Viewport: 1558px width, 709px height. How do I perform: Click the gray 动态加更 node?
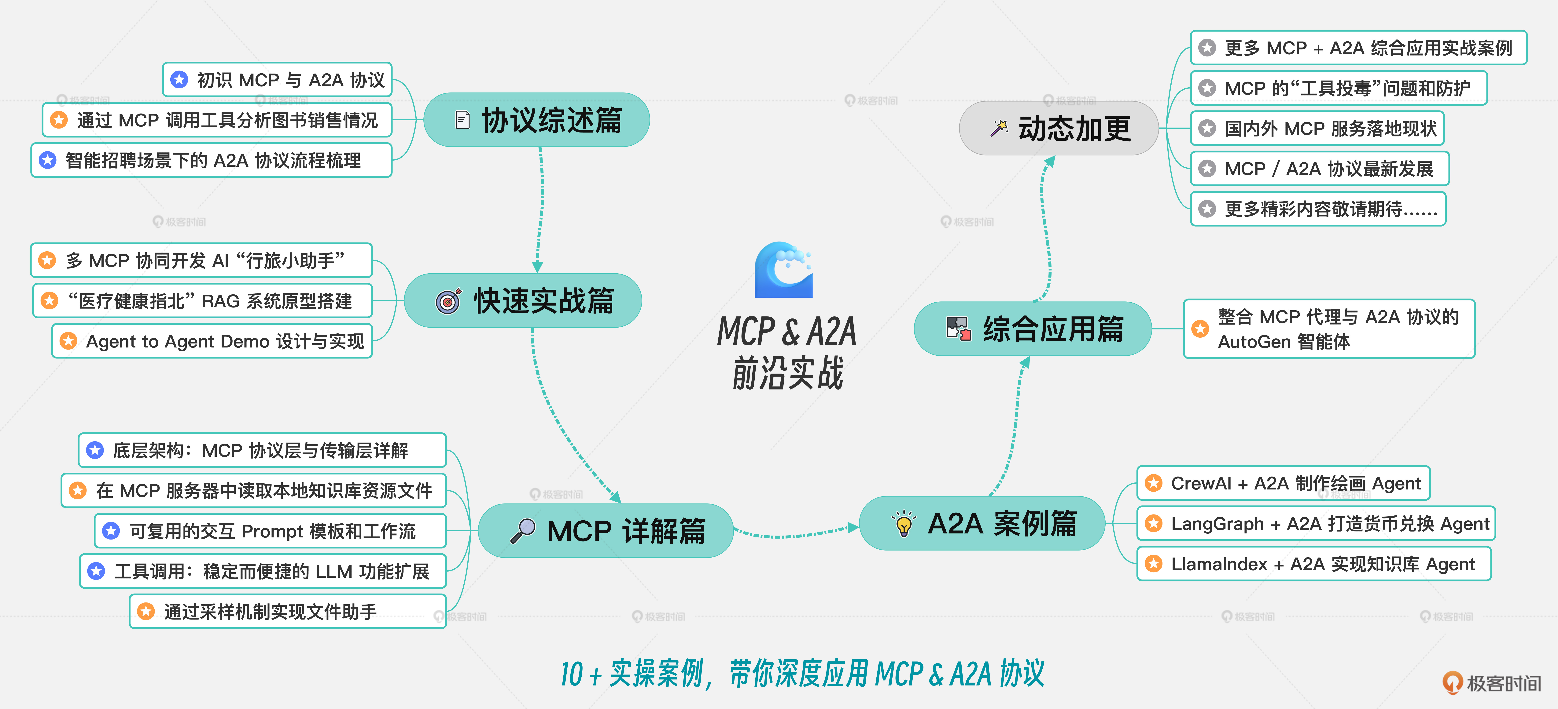[x=1058, y=128]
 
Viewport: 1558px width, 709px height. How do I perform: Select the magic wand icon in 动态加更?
[x=999, y=128]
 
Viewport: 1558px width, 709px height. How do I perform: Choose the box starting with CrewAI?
[x=1284, y=483]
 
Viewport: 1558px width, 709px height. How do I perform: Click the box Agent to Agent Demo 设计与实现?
[x=212, y=341]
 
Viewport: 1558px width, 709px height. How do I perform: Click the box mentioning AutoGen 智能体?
[x=1329, y=329]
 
